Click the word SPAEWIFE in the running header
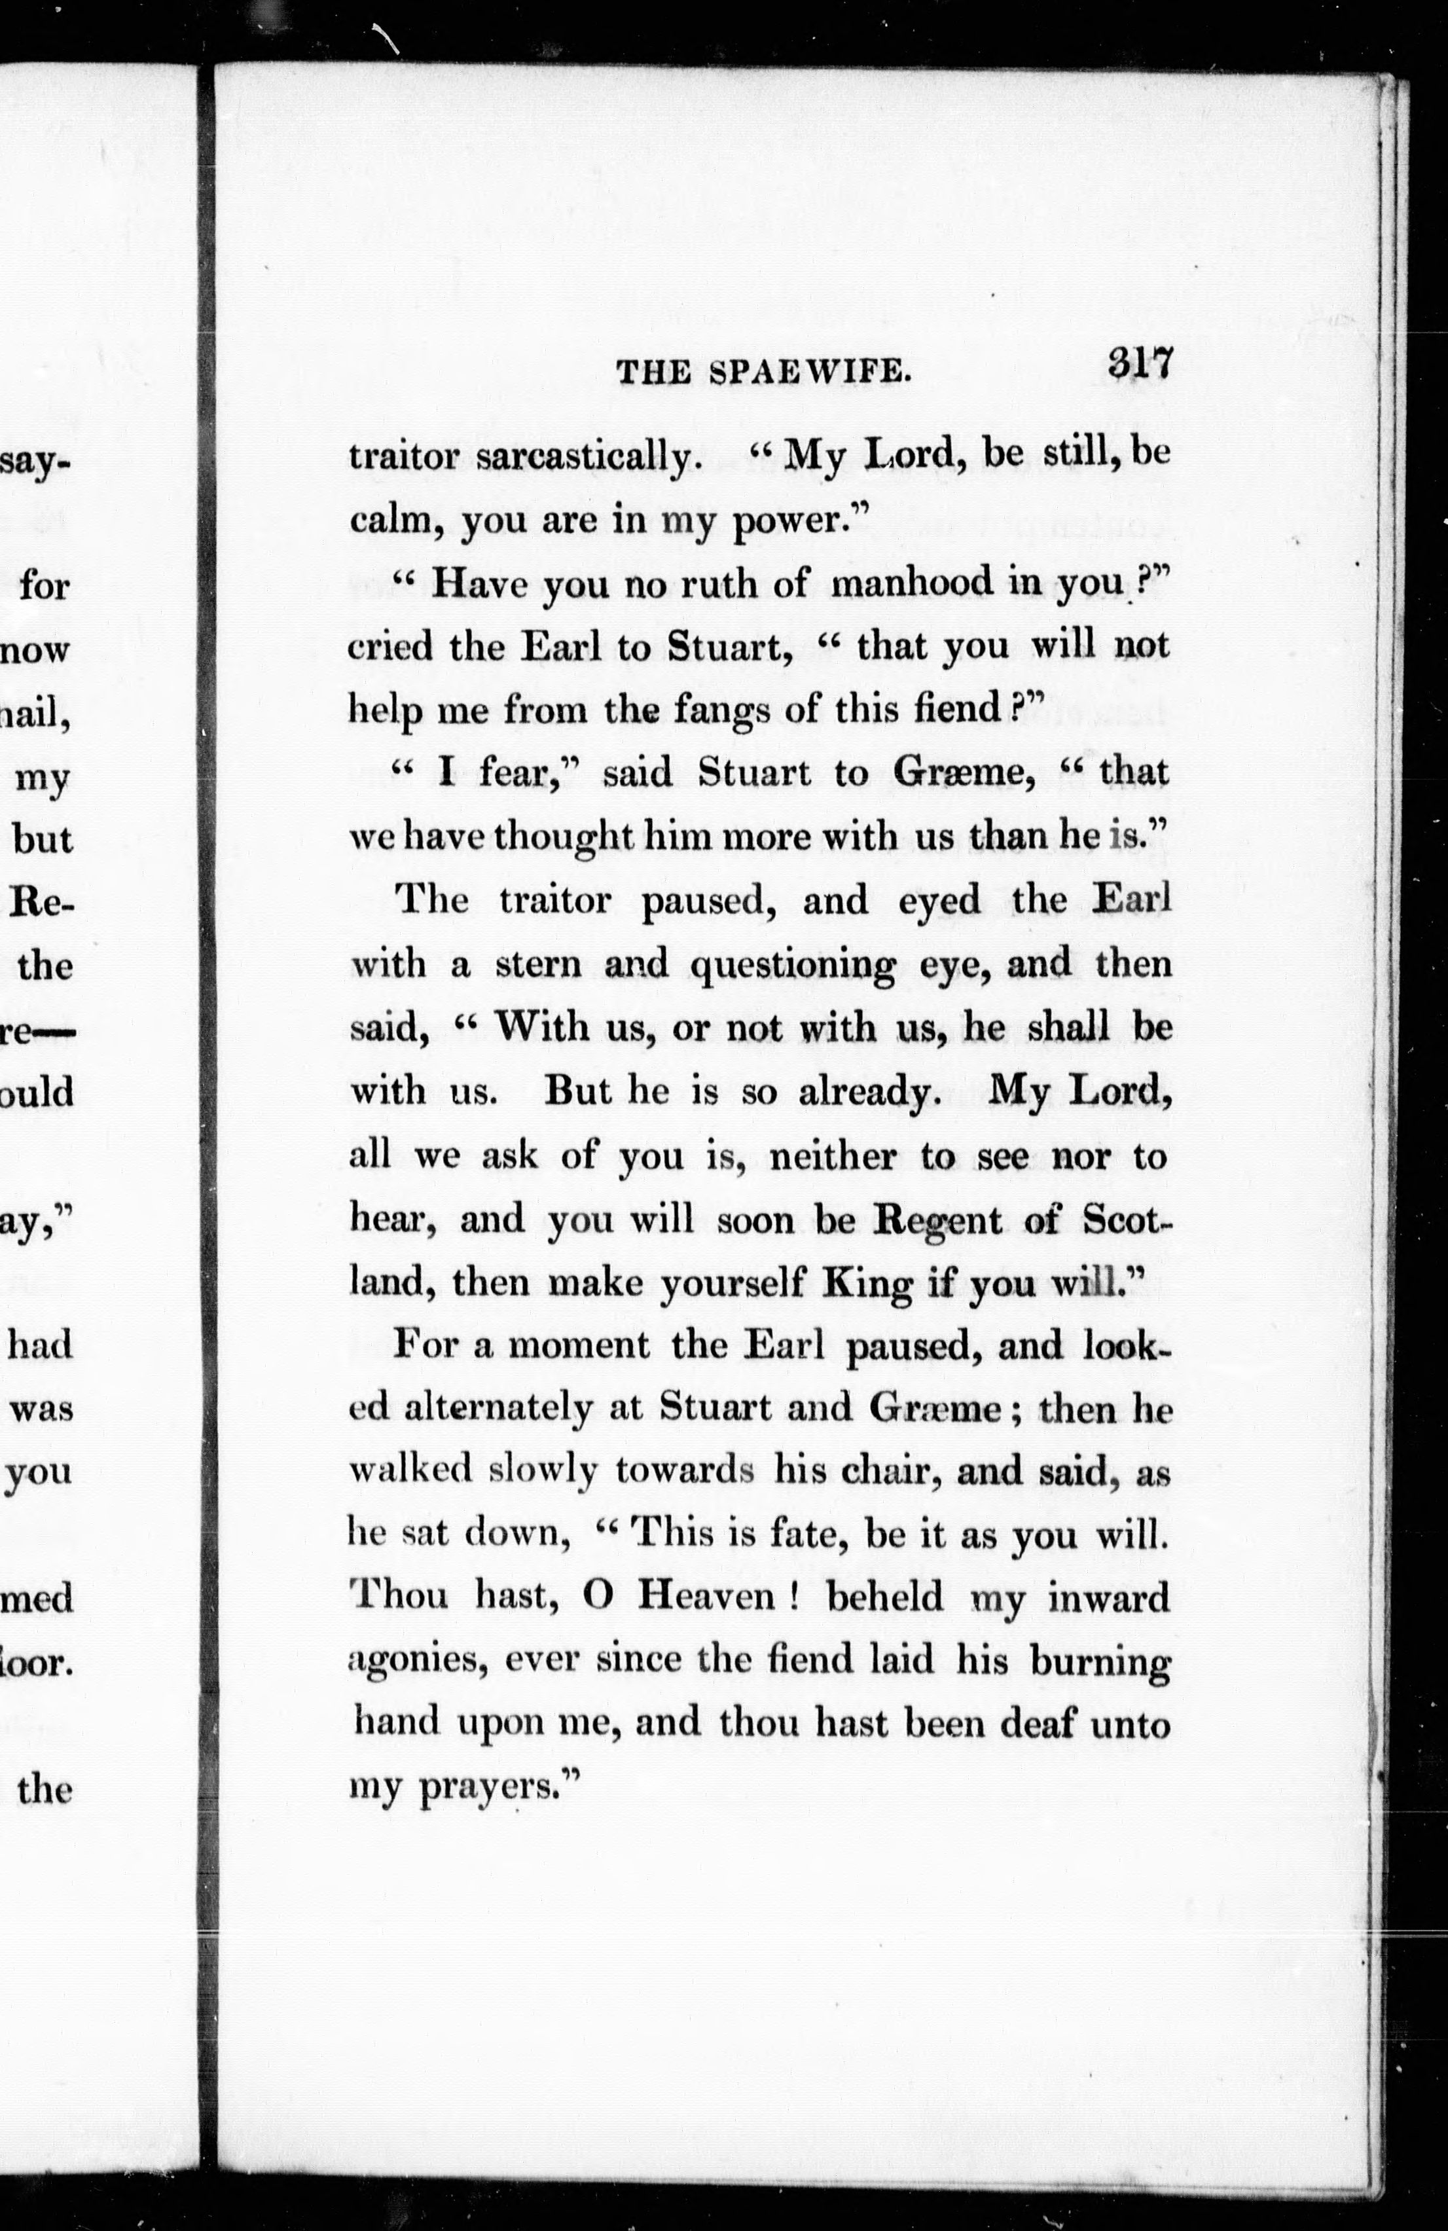coord(810,373)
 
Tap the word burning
coord(1099,1662)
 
